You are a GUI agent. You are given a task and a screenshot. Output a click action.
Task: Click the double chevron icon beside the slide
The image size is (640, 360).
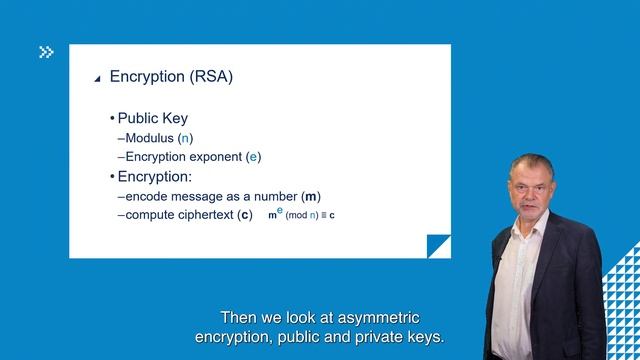pos(46,52)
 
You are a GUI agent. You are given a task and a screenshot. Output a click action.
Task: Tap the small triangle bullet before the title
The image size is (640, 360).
pos(97,78)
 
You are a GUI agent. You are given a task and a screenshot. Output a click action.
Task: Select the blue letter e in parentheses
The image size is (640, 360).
pos(253,157)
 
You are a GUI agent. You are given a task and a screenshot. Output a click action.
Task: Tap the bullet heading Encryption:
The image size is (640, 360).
pos(155,177)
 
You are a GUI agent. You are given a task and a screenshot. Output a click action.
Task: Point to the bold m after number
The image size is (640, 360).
pos(312,196)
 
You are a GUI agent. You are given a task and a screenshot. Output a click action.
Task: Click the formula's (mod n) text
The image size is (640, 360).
pos(304,216)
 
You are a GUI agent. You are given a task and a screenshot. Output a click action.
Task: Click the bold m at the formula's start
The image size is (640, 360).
pos(272,216)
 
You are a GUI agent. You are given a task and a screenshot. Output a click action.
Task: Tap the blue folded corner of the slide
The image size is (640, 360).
pos(439,246)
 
